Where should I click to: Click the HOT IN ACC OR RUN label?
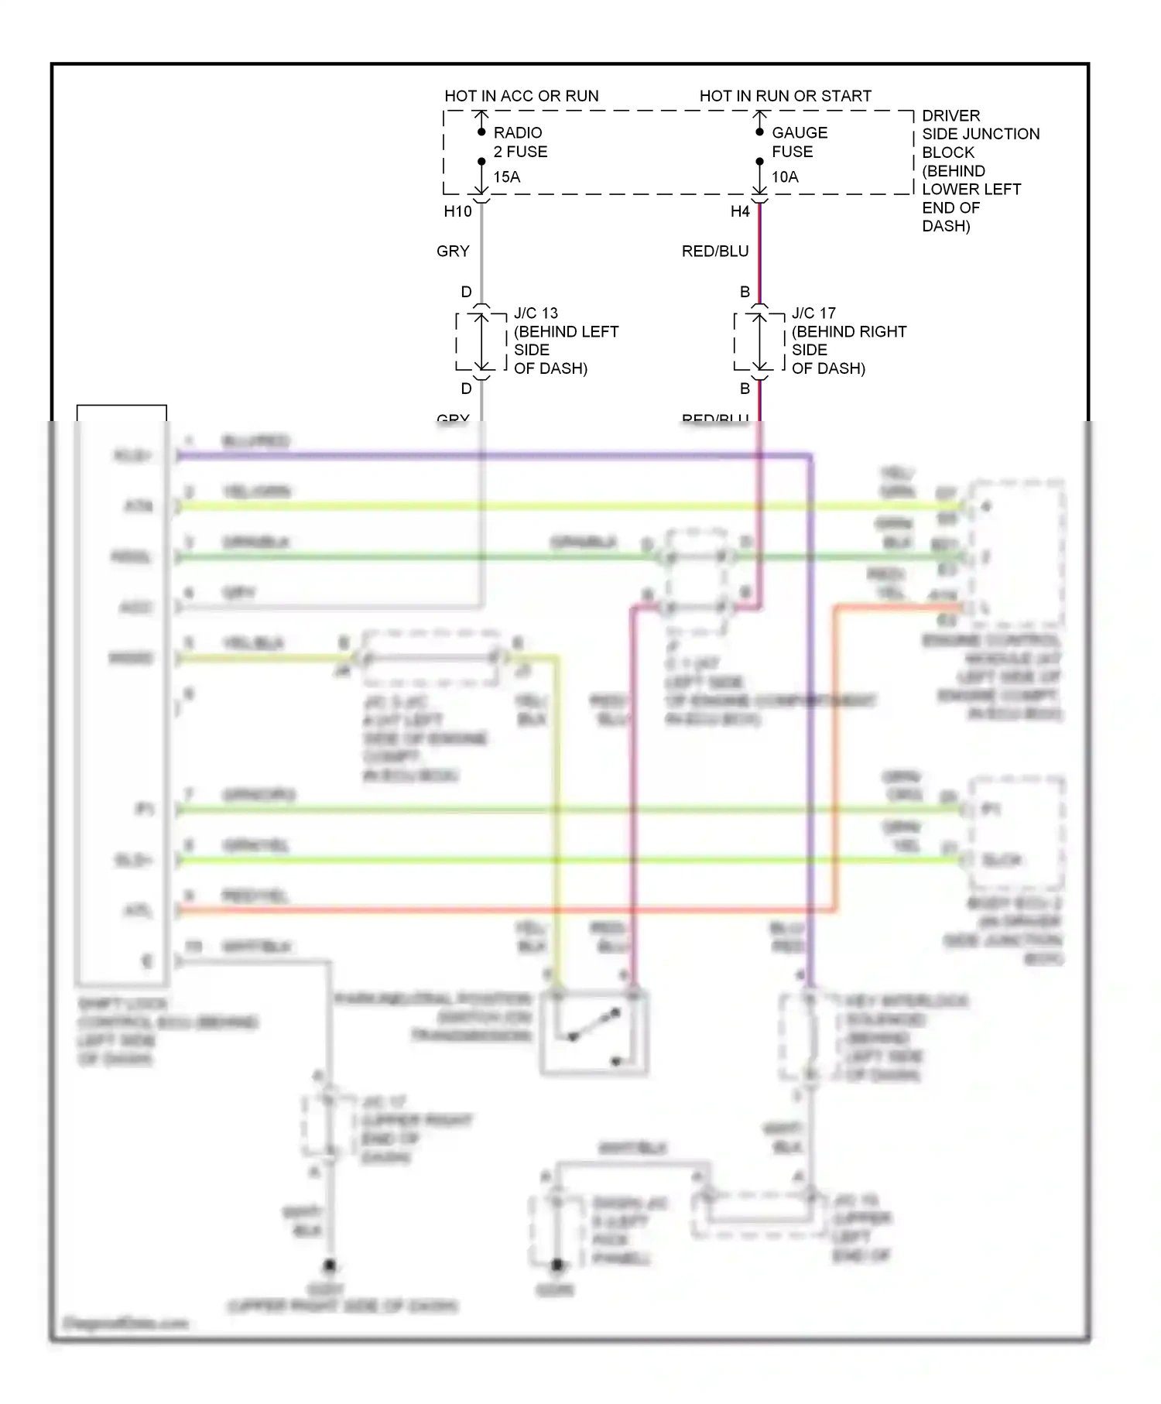[x=521, y=96]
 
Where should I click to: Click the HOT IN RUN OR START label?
[x=785, y=96]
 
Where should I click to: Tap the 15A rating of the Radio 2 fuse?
[x=507, y=177]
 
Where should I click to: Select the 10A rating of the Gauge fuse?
[x=785, y=177]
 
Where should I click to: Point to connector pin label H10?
[x=457, y=211]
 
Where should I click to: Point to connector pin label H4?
[x=740, y=211]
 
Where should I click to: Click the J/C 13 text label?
[x=536, y=313]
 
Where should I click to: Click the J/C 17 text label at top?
[x=813, y=313]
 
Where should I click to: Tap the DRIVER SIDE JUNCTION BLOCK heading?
[x=980, y=133]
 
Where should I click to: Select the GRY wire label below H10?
[x=453, y=251]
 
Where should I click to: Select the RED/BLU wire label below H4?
[x=715, y=251]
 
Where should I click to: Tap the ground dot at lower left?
[x=330, y=1266]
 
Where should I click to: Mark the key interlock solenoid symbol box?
[x=808, y=1037]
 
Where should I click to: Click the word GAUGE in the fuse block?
[x=800, y=133]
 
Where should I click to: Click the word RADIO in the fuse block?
[x=518, y=133]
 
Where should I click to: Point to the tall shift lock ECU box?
[x=122, y=697]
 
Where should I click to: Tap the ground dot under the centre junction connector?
[x=557, y=1265]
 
